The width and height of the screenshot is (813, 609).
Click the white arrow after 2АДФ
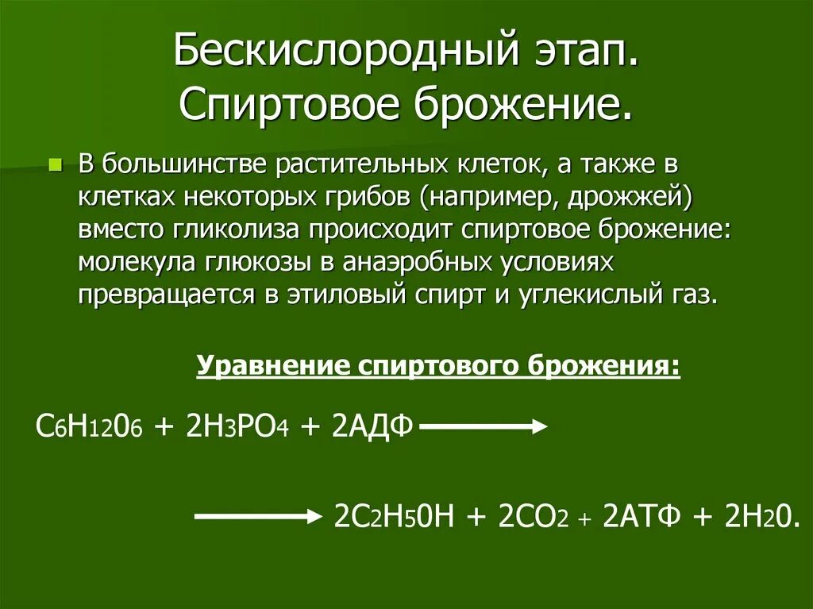(483, 427)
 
